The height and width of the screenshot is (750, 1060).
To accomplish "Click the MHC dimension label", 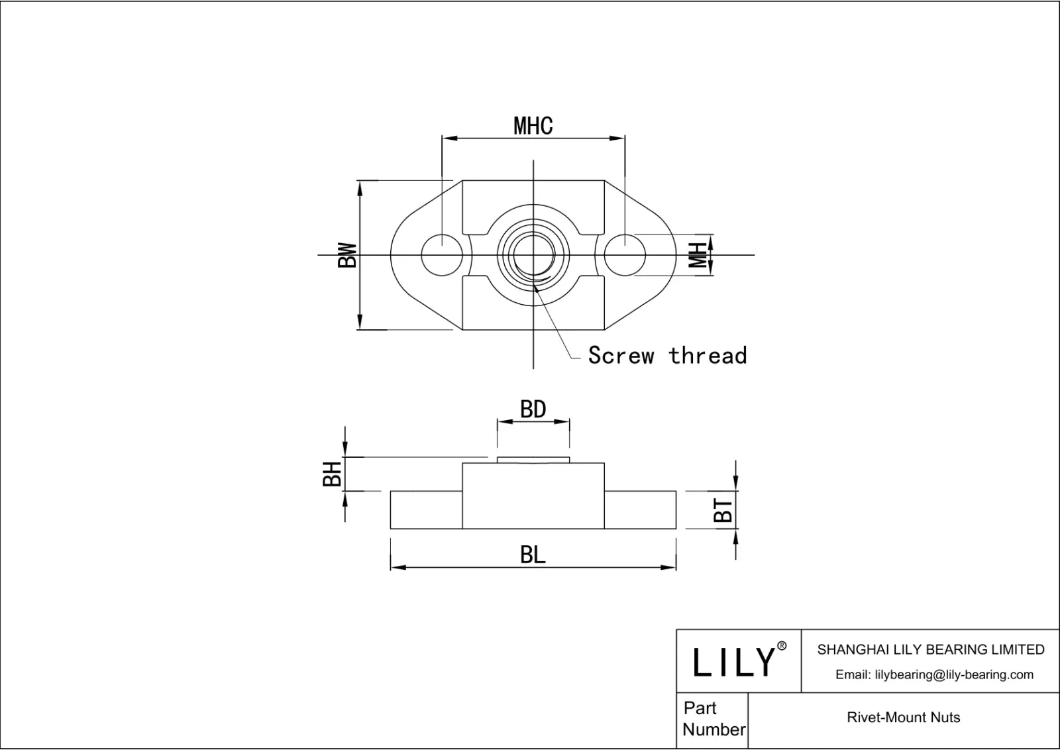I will click(533, 126).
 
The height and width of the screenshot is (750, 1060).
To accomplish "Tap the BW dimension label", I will click(348, 255).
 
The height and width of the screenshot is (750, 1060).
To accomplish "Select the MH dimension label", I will click(698, 255).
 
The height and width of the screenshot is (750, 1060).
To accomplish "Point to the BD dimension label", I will click(533, 409).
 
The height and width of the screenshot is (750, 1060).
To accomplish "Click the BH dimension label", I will click(333, 474).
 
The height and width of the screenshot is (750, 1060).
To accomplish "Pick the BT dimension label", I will click(723, 510).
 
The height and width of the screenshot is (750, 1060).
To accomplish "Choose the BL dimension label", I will click(533, 555).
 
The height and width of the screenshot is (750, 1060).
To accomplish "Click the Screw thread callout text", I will click(667, 356).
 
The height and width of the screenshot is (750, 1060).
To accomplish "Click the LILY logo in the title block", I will click(734, 662).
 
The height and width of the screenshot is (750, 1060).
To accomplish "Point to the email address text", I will click(934, 674).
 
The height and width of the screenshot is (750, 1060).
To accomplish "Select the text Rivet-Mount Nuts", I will click(903, 718).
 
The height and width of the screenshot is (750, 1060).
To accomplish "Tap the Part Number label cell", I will click(713, 719).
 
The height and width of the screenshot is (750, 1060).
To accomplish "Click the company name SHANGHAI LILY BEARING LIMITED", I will click(930, 650).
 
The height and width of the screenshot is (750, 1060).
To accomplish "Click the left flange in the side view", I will click(426, 510).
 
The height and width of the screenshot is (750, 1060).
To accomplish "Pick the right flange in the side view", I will click(640, 510).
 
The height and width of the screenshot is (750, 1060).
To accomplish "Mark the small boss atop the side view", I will click(533, 460).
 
